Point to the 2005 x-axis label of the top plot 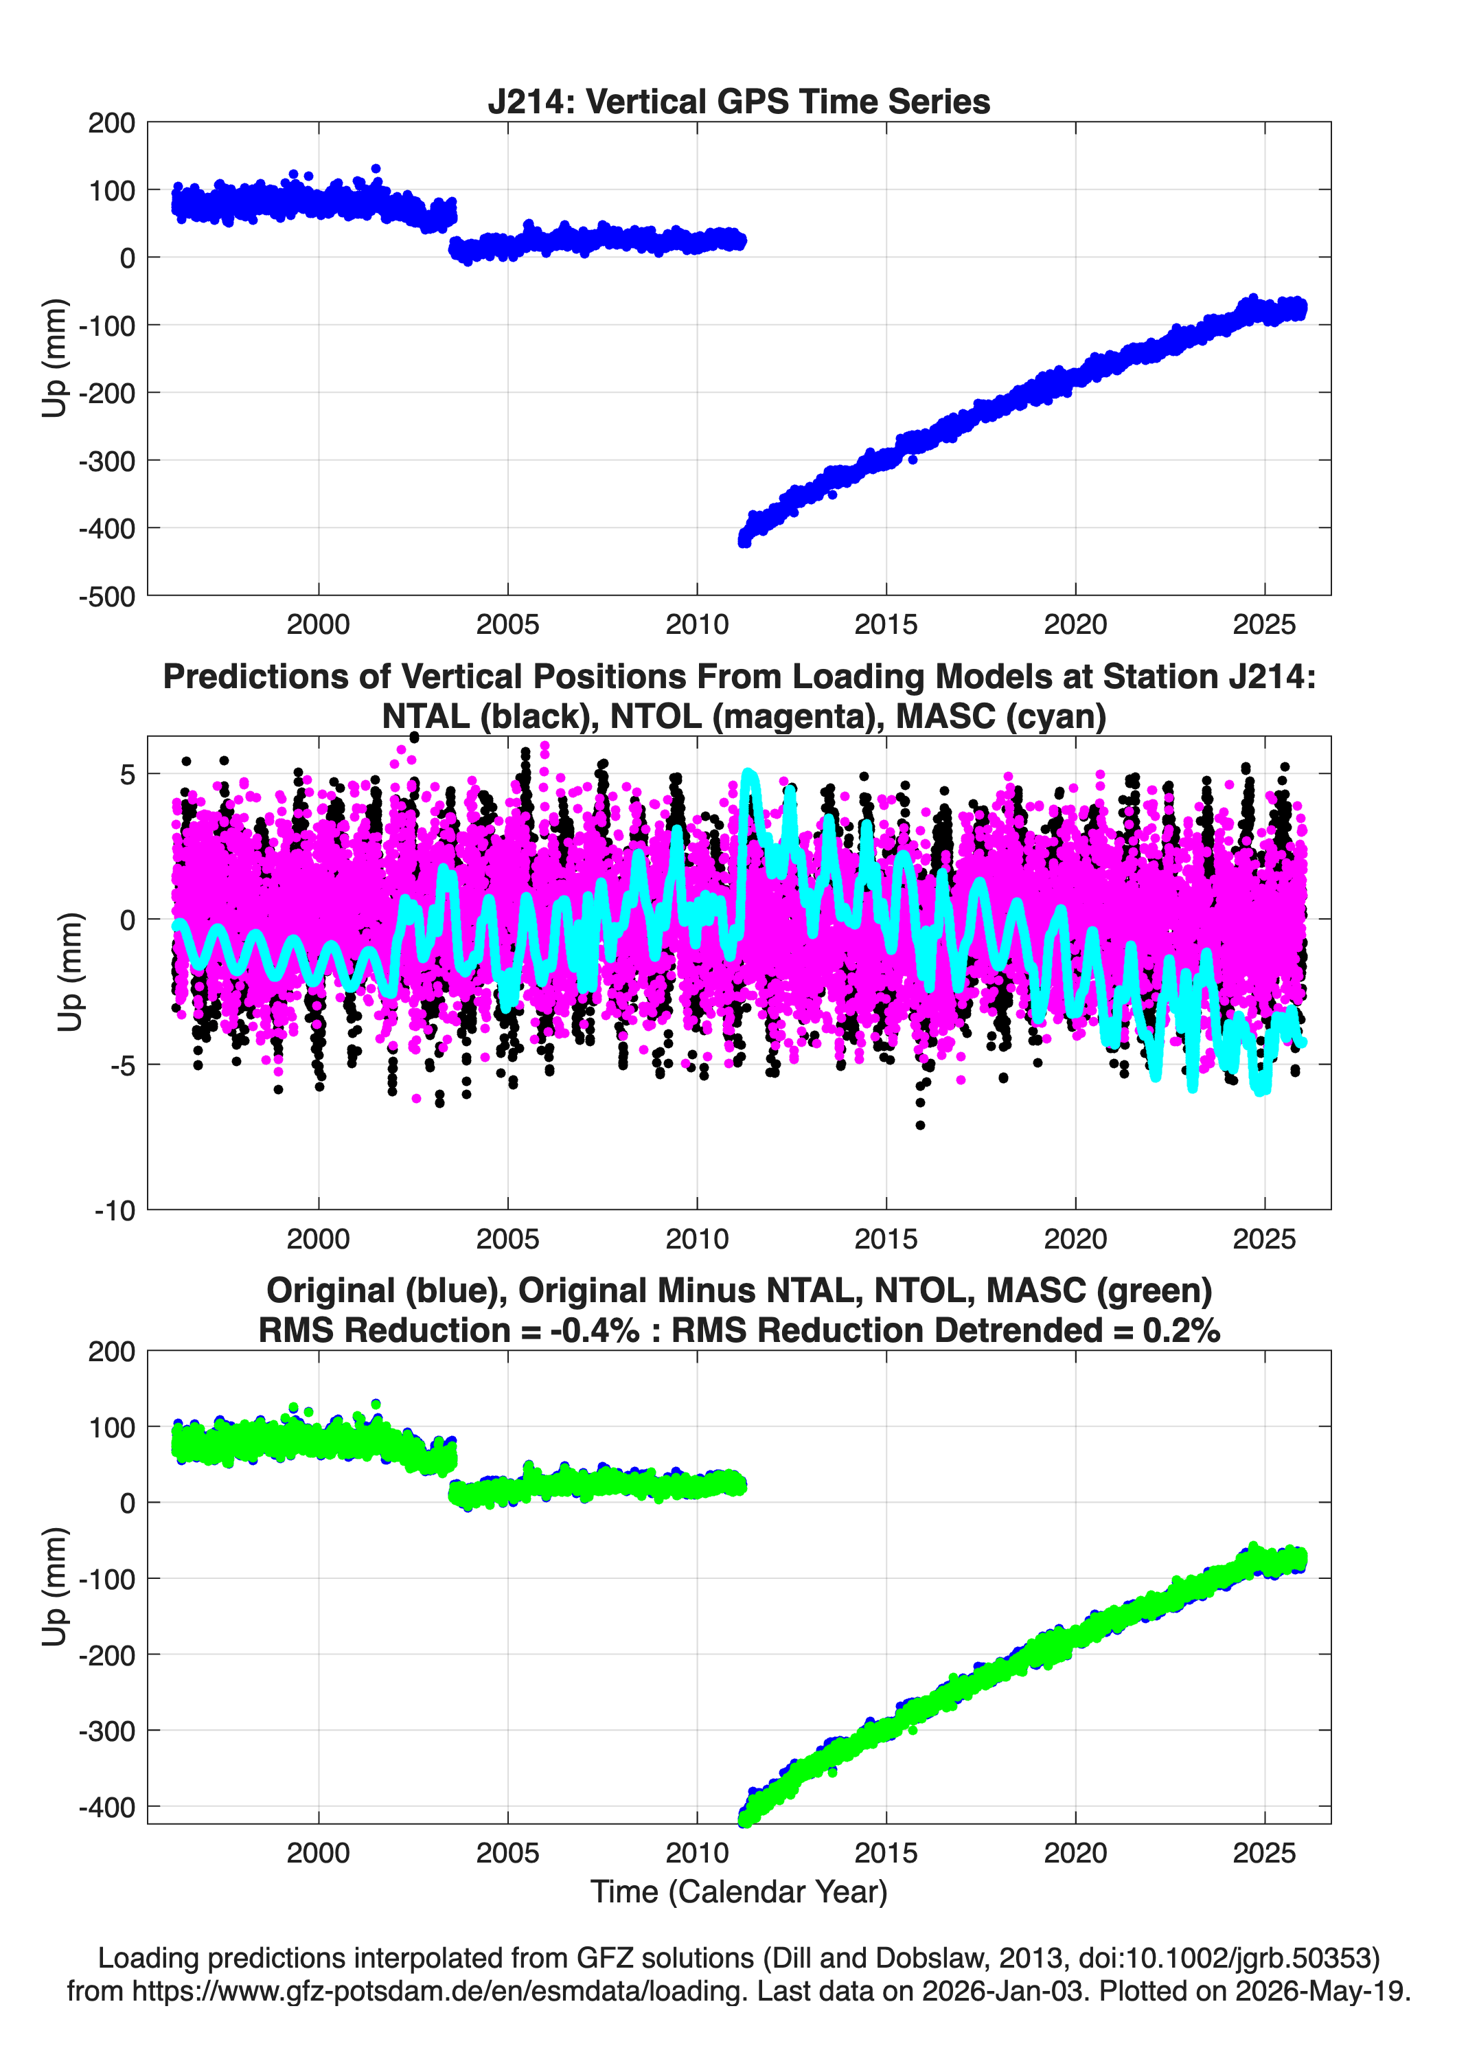[507, 624]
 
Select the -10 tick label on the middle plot [115, 1211]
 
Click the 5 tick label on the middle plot [127, 775]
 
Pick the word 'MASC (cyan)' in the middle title [1001, 716]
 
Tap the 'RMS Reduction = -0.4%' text [449, 1330]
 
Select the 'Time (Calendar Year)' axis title [739, 1891]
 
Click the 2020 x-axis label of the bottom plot [1075, 1853]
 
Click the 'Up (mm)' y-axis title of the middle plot [69, 972]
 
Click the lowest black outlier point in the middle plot [920, 1125]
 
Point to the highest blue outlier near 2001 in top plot [376, 169]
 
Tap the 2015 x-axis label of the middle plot [886, 1239]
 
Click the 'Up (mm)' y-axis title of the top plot [54, 358]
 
